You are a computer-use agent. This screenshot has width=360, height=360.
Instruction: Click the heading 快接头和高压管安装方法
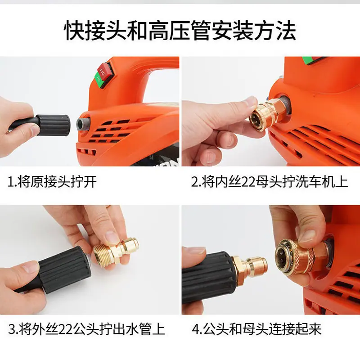click(x=180, y=31)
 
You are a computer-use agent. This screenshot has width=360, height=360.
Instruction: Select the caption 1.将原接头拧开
click(x=52, y=182)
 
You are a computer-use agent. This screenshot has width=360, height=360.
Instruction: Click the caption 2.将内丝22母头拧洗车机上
click(x=270, y=182)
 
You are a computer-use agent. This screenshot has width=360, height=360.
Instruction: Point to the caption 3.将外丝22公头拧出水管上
click(x=86, y=329)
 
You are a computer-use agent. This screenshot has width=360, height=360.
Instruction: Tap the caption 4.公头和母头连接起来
click(x=256, y=329)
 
